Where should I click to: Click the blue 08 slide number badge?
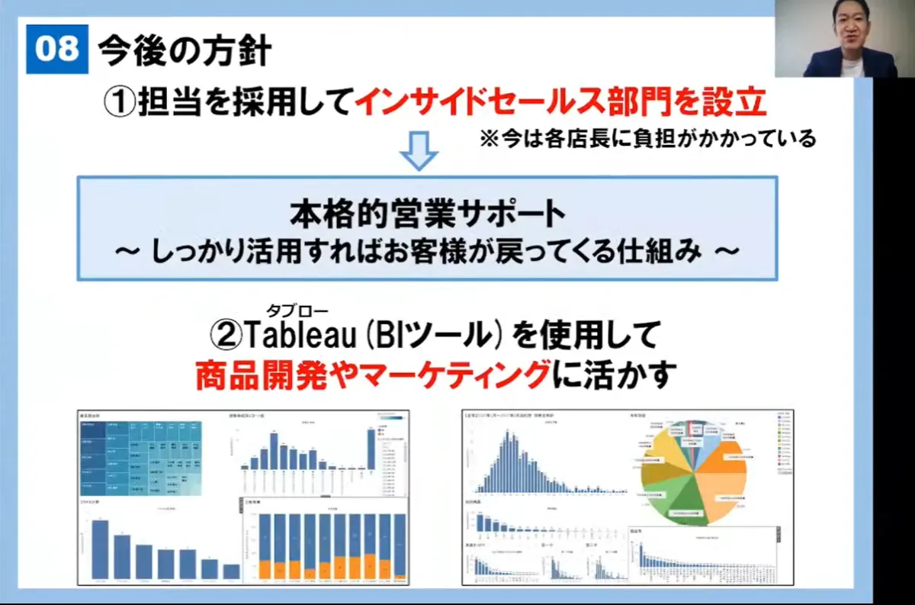coord(57,49)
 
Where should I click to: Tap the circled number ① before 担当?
coord(120,102)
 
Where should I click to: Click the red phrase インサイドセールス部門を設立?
coord(560,102)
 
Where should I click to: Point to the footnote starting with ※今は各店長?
coord(647,139)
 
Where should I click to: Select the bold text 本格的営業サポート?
coord(427,214)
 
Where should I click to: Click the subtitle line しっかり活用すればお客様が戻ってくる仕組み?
coord(427,253)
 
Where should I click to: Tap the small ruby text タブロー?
coord(297,310)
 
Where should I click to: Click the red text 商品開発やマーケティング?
coord(373,375)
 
